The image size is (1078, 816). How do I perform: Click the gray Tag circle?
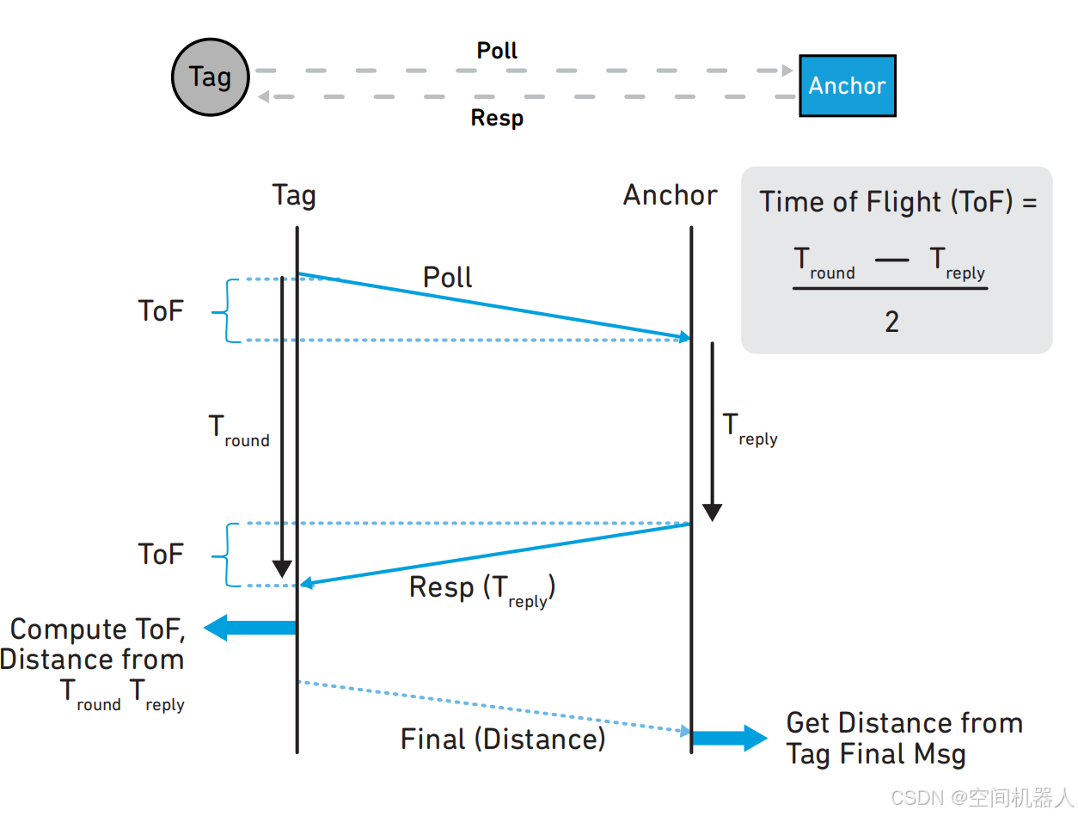pos(211,77)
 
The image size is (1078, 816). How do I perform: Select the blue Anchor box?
pos(847,85)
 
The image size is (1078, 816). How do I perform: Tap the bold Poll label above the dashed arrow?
pos(497,51)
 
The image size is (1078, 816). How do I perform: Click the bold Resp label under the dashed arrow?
pos(497,118)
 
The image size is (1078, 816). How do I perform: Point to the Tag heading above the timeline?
pos(294,196)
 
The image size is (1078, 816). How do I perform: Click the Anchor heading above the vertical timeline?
pos(670,196)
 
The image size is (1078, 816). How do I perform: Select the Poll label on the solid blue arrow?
pos(448,277)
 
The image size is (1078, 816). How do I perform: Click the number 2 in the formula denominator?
pos(891,322)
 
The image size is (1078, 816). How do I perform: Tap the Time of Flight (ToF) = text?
pos(898,202)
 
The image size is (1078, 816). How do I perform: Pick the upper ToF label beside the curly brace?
pos(161,310)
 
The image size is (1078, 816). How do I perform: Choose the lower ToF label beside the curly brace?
pos(161,554)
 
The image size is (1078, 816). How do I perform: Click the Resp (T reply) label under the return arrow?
pos(481,590)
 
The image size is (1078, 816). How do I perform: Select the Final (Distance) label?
pos(503,739)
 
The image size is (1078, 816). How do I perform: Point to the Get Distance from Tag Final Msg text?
pos(903,739)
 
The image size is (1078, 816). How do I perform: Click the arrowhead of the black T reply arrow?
pos(712,512)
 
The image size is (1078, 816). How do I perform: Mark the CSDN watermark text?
pos(981,798)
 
